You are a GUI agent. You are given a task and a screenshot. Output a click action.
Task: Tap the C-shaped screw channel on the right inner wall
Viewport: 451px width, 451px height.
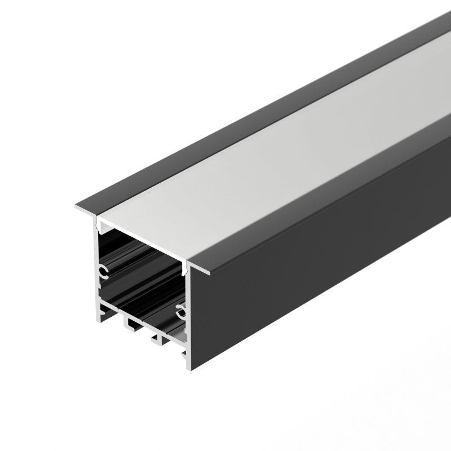(180, 309)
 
